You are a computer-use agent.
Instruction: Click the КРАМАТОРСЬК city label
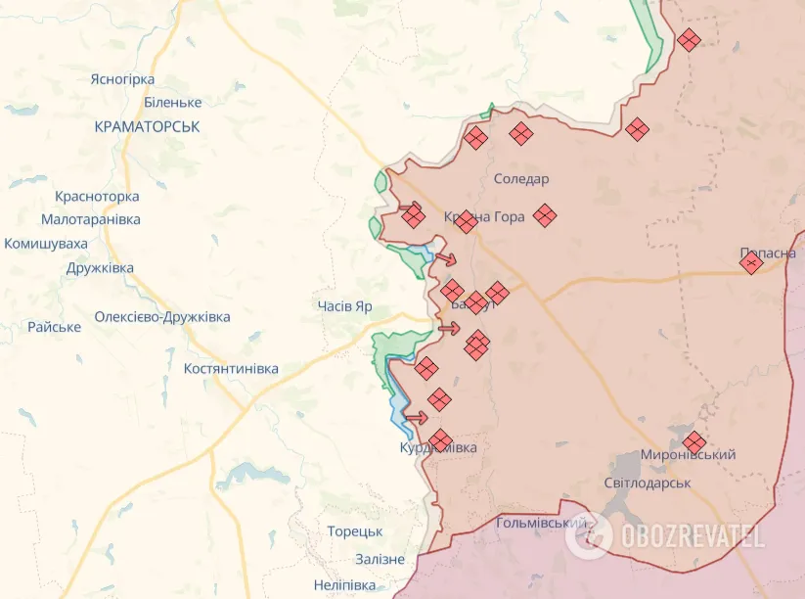tap(148, 126)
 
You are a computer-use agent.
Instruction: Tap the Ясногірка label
tap(122, 79)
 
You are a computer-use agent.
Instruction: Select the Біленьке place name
tap(172, 102)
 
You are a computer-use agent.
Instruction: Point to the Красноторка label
tap(97, 197)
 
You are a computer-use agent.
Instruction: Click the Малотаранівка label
tap(91, 219)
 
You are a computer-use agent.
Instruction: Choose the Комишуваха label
tap(46, 244)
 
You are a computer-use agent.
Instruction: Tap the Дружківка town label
tap(100, 267)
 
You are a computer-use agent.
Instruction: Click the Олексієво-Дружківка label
tap(162, 316)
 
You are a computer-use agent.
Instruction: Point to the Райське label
tap(54, 327)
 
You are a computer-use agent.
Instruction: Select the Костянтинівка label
tap(231, 368)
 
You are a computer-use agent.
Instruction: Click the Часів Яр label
tap(344, 306)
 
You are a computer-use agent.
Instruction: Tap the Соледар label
tap(521, 179)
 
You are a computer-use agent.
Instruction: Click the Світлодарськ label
tap(647, 483)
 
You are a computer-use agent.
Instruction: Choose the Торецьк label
tap(355, 531)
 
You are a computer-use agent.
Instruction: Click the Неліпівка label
tap(343, 584)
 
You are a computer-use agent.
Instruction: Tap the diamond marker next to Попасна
tap(750, 262)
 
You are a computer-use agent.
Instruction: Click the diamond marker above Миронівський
tap(693, 442)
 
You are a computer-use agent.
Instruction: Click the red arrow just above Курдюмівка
tap(416, 418)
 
